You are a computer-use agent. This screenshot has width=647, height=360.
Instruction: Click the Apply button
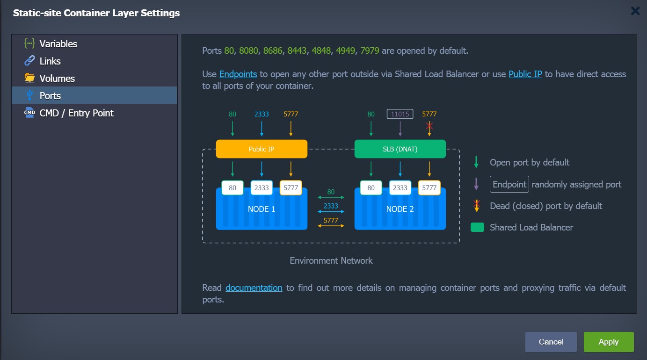(x=609, y=342)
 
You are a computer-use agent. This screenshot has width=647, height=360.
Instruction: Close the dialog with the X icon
(x=635, y=11)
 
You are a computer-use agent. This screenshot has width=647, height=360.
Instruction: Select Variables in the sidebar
(x=58, y=44)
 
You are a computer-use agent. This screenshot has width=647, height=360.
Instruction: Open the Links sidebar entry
(x=50, y=61)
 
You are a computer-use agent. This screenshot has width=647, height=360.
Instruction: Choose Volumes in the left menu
(x=57, y=79)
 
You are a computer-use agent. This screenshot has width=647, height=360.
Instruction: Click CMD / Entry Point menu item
(x=76, y=113)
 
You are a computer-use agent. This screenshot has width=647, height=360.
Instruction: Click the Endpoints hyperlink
(x=238, y=74)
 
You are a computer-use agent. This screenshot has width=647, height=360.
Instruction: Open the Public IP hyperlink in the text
(x=525, y=74)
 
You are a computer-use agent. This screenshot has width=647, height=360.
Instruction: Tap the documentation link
(x=254, y=288)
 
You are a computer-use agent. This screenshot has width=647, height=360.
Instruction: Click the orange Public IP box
(x=262, y=149)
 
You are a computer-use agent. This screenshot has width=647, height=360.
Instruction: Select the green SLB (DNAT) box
(x=400, y=149)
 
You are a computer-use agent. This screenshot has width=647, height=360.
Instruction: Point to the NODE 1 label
(x=262, y=209)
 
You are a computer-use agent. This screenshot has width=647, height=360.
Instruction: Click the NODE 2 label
(x=400, y=209)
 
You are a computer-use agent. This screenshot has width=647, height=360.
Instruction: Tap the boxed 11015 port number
(x=400, y=114)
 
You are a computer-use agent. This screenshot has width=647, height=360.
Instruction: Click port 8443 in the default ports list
(x=297, y=51)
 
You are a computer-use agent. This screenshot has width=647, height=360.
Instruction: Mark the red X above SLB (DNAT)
(x=429, y=126)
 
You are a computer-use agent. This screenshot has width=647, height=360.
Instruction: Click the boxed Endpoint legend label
(x=509, y=184)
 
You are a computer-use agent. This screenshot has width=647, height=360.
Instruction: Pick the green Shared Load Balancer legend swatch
(x=478, y=227)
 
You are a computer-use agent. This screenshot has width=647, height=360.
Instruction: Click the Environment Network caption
(x=331, y=261)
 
